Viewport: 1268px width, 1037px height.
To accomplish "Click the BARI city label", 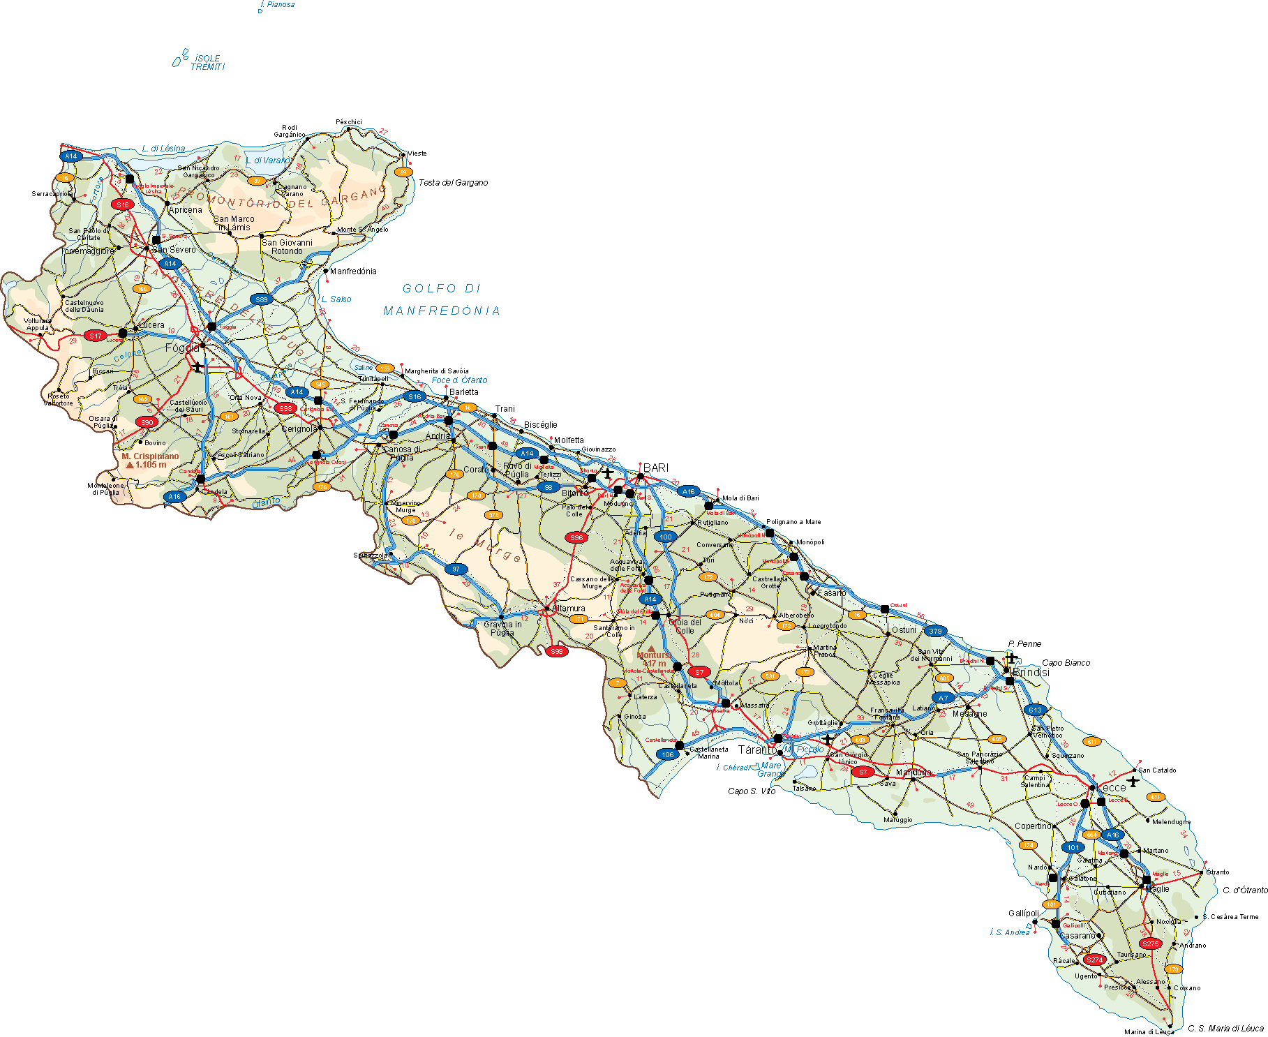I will point(656,468).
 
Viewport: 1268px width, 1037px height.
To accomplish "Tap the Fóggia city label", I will point(182,348).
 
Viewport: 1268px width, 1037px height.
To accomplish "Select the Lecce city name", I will point(1112,788).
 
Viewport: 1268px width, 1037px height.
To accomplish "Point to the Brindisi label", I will point(1031,672).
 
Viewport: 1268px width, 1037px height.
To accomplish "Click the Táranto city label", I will point(757,749).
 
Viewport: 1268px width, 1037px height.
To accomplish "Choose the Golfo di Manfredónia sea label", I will point(442,299).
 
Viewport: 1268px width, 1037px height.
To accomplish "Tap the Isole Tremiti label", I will point(207,62).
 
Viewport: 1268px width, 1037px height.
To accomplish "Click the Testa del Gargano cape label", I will point(453,183).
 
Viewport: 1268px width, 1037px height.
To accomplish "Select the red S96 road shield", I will point(576,537).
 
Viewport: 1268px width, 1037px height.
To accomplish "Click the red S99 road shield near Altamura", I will point(556,651).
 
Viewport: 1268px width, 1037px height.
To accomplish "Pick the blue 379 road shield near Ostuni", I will point(935,631).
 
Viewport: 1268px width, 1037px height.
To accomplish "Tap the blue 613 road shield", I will point(1035,710).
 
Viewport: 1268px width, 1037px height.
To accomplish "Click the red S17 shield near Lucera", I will point(96,336).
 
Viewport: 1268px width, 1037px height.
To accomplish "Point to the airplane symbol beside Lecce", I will point(1133,781).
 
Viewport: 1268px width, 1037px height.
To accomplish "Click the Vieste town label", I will point(417,154).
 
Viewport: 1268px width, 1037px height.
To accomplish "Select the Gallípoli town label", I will point(1024,913).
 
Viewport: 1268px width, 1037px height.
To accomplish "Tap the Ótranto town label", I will point(1218,872).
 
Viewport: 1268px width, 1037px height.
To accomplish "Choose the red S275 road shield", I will point(1150,943).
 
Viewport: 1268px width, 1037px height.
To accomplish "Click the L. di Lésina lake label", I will point(163,149).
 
